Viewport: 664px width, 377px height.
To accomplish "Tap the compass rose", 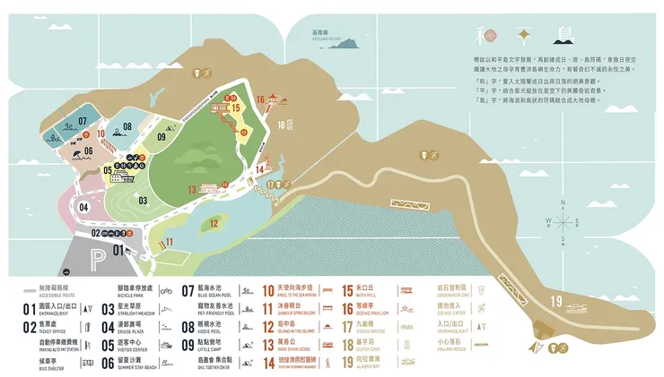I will coord(562,221).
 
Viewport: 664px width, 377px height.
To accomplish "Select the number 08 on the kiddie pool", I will coord(127,127).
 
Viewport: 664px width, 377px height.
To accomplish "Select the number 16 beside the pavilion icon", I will coord(260,99).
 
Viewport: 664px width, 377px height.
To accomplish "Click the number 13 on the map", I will coord(192,190).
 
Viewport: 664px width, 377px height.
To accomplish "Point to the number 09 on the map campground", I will coord(162,137).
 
